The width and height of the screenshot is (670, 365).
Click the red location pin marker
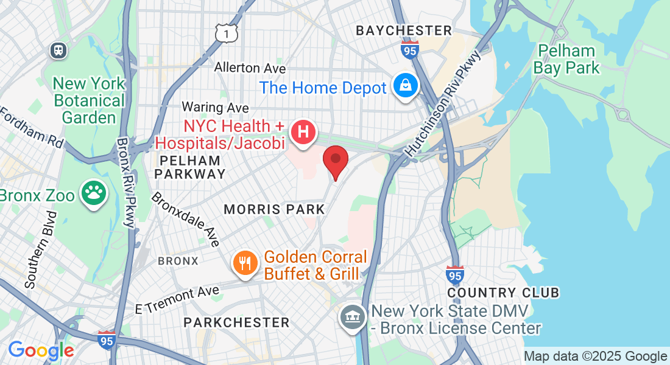click(x=335, y=160)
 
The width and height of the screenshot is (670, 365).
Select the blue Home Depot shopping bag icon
click(x=404, y=86)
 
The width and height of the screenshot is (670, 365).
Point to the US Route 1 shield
click(x=226, y=34)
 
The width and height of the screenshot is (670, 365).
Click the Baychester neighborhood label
click(x=404, y=30)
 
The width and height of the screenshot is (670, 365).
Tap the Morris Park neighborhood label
click(x=274, y=209)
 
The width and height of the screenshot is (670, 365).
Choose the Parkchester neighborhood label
click(x=236, y=322)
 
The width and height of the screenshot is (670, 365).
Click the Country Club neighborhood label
click(x=503, y=293)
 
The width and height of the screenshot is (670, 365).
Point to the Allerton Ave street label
click(x=250, y=68)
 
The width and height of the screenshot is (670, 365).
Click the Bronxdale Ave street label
click(x=185, y=220)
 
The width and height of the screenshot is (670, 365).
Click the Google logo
click(x=41, y=350)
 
